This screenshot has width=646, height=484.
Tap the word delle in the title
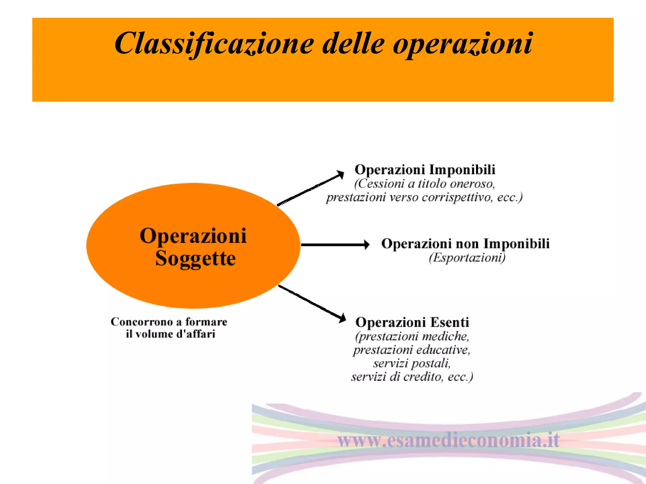click(353, 43)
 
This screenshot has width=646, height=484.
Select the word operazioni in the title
click(462, 43)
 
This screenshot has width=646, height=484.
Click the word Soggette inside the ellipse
click(195, 259)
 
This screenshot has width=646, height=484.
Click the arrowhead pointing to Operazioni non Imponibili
click(367, 245)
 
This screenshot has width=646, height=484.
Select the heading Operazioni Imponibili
click(425, 170)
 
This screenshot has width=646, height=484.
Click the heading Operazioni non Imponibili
click(465, 244)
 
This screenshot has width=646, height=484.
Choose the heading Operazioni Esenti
click(412, 322)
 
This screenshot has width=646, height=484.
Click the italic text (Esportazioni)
click(467, 258)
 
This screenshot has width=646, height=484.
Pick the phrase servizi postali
click(412, 364)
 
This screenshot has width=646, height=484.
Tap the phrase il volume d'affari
click(170, 334)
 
